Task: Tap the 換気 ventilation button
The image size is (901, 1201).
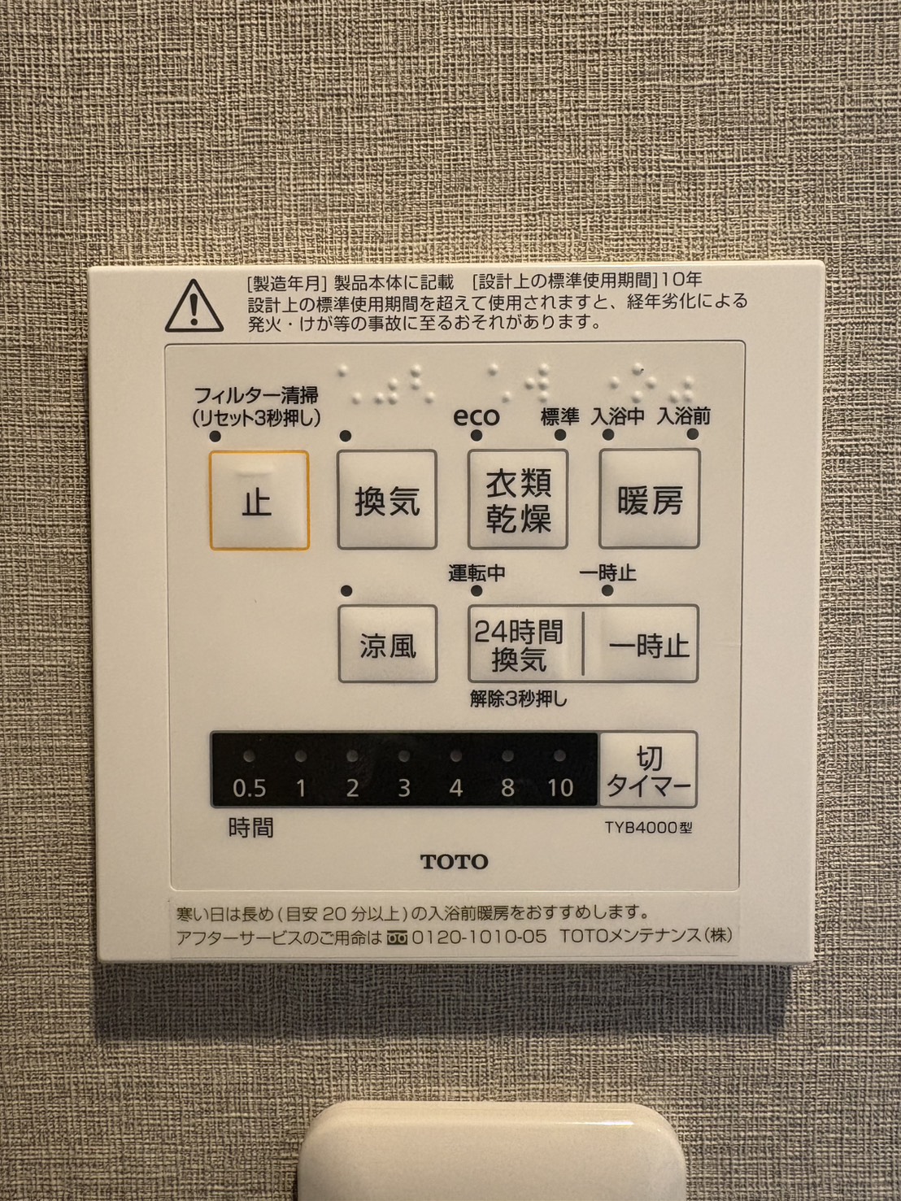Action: pyautogui.click(x=387, y=499)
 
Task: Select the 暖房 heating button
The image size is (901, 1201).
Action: pyautogui.click(x=650, y=498)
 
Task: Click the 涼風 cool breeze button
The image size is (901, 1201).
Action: pyautogui.click(x=387, y=643)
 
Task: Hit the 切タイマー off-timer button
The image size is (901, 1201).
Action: pyautogui.click(x=648, y=769)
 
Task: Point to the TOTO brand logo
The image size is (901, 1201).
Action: pyautogui.click(x=454, y=862)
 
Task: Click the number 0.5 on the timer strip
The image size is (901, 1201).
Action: pyautogui.click(x=250, y=789)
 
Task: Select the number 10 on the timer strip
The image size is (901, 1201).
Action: pyautogui.click(x=559, y=789)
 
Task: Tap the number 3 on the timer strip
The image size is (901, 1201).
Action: pyautogui.click(x=404, y=789)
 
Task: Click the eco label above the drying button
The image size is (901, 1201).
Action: pyautogui.click(x=477, y=417)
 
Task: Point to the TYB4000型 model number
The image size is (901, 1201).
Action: pyautogui.click(x=648, y=828)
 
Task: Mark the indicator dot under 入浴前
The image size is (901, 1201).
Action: pyautogui.click(x=693, y=434)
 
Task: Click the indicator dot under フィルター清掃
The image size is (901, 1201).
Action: pyautogui.click(x=215, y=436)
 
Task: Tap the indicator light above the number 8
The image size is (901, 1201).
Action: pyautogui.click(x=507, y=756)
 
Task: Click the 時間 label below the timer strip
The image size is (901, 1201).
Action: pyautogui.click(x=250, y=829)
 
